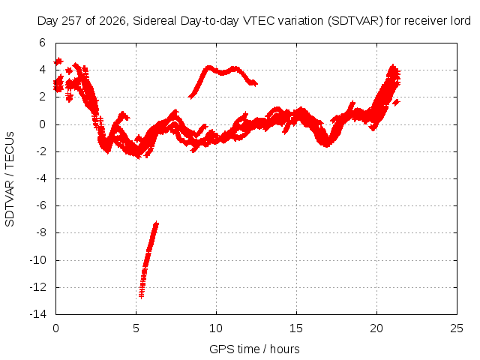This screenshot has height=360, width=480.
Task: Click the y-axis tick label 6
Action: [42, 43]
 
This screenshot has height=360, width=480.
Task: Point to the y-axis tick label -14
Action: [38, 314]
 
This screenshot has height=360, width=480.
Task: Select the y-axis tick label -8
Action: [40, 232]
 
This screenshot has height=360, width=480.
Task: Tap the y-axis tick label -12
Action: [38, 287]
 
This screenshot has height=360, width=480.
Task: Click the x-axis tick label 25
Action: [457, 328]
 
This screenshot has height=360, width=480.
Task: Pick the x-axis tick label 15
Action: [296, 328]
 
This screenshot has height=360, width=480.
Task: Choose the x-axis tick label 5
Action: [136, 328]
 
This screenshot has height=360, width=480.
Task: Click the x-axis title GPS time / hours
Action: [254, 349]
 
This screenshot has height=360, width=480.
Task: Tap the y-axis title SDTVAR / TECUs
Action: [10, 179]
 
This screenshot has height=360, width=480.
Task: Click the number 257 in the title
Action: [71, 21]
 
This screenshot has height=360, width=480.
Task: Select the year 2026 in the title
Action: [112, 21]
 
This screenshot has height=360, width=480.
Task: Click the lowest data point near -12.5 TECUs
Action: [141, 296]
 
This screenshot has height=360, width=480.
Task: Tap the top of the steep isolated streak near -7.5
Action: [157, 223]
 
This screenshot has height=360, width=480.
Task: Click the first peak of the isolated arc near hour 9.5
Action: [209, 67]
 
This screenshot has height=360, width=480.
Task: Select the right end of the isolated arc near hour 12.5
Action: [255, 83]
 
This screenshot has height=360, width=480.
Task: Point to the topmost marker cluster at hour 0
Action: [58, 61]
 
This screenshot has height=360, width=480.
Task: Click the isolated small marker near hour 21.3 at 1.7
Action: [397, 102]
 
